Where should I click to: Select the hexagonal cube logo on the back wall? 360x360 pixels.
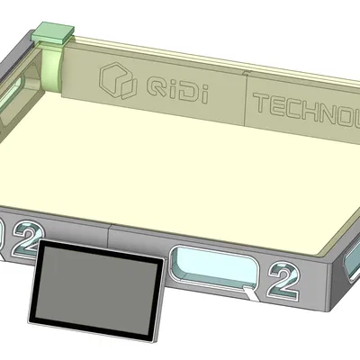[x=115, y=80]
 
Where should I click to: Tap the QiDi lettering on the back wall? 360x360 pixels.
[x=172, y=87]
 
